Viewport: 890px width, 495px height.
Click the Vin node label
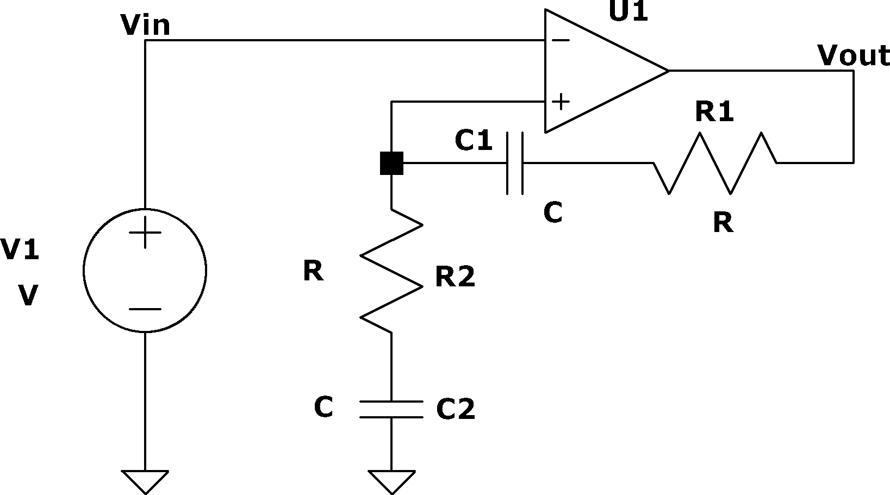click(x=146, y=25)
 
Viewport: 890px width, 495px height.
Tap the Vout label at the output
click(x=854, y=55)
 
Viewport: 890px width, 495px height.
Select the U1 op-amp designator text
click(x=628, y=11)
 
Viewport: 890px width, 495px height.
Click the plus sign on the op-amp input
click(x=561, y=102)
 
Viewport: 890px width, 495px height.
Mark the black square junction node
click(x=391, y=163)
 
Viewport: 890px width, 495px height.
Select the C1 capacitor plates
click(x=515, y=163)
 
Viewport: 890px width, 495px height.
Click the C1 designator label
click(x=474, y=140)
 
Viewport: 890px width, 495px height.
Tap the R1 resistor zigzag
click(x=715, y=163)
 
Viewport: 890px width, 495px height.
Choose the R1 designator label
click(x=714, y=111)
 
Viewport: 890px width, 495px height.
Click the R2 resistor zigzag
click(x=391, y=271)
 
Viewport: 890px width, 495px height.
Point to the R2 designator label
click(x=455, y=277)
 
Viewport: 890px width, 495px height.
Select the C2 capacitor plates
click(x=391, y=409)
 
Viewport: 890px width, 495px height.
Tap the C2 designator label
click(x=456, y=409)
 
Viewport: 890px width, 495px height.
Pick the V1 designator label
click(x=20, y=249)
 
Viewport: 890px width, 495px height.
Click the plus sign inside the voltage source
click(x=145, y=233)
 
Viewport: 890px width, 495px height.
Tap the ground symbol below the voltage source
click(x=145, y=483)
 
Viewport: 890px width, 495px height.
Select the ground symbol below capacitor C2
click(x=392, y=483)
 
